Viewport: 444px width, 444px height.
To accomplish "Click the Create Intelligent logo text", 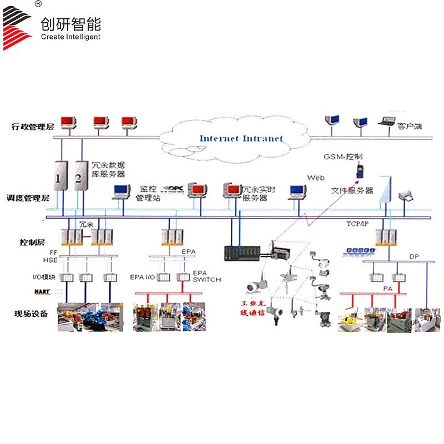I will click(x=70, y=37).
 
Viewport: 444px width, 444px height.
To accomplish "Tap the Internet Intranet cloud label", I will click(x=241, y=139).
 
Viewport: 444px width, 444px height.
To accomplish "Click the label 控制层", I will click(x=32, y=243).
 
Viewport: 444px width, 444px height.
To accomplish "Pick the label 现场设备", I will click(x=31, y=315).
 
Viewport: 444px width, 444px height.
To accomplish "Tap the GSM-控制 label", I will click(x=343, y=157).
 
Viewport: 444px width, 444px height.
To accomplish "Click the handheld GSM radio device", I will click(x=359, y=170).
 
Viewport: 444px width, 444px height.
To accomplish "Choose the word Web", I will click(x=316, y=177).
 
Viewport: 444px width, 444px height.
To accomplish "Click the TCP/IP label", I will click(x=357, y=223).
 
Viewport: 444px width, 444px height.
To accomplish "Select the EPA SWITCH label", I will click(x=206, y=276).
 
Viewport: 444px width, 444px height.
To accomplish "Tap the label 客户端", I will click(x=410, y=127).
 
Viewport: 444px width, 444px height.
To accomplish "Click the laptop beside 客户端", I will click(x=386, y=122).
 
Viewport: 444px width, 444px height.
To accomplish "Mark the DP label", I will click(x=414, y=256).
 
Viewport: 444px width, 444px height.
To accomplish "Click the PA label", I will click(x=388, y=289).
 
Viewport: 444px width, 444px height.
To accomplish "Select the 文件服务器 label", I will click(x=352, y=190).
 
